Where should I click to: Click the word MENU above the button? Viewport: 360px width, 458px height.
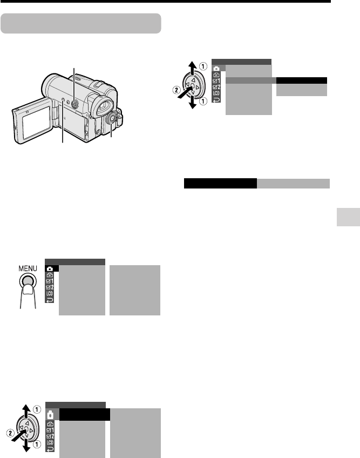click(28, 268)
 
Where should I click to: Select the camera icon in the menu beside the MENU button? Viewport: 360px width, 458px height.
click(50, 268)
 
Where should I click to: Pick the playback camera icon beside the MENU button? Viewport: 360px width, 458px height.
click(50, 275)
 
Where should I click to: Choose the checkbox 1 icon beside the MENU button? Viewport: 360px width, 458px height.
click(50, 281)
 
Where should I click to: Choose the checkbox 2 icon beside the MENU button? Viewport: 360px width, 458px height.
click(50, 287)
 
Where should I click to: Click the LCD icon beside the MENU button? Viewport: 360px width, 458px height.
click(50, 294)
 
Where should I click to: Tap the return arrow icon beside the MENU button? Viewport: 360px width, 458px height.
click(50, 300)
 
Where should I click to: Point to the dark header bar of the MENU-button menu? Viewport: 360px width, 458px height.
click(75, 262)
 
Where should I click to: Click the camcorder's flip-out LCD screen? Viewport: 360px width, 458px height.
click(36, 122)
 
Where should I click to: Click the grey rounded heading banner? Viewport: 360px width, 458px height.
click(81, 23)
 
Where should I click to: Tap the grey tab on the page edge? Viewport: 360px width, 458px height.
click(348, 217)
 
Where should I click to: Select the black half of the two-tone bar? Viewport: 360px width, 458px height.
click(220, 184)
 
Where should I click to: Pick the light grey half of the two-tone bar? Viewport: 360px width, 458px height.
click(294, 184)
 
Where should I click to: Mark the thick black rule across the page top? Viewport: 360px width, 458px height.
click(165, 1)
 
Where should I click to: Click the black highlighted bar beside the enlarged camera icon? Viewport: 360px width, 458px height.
click(85, 414)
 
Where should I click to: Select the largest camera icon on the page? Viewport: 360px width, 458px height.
click(50, 415)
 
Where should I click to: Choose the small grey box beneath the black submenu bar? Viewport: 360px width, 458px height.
click(302, 90)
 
